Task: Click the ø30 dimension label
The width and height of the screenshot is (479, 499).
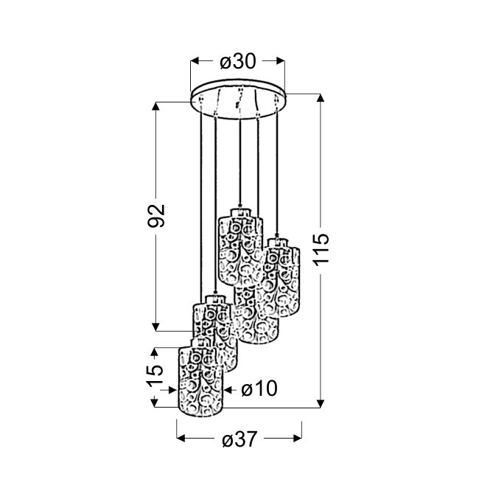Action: pyautogui.click(x=237, y=61)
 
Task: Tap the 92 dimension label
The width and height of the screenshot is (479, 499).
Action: pyautogui.click(x=156, y=215)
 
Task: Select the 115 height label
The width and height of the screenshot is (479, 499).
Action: pyautogui.click(x=321, y=249)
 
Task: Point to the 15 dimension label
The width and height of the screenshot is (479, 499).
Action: pyautogui.click(x=155, y=374)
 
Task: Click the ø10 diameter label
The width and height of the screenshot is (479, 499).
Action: pyautogui.click(x=259, y=388)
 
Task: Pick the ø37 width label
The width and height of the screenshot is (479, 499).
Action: pyautogui.click(x=239, y=439)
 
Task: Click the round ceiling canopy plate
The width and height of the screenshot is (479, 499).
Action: pyautogui.click(x=238, y=99)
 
